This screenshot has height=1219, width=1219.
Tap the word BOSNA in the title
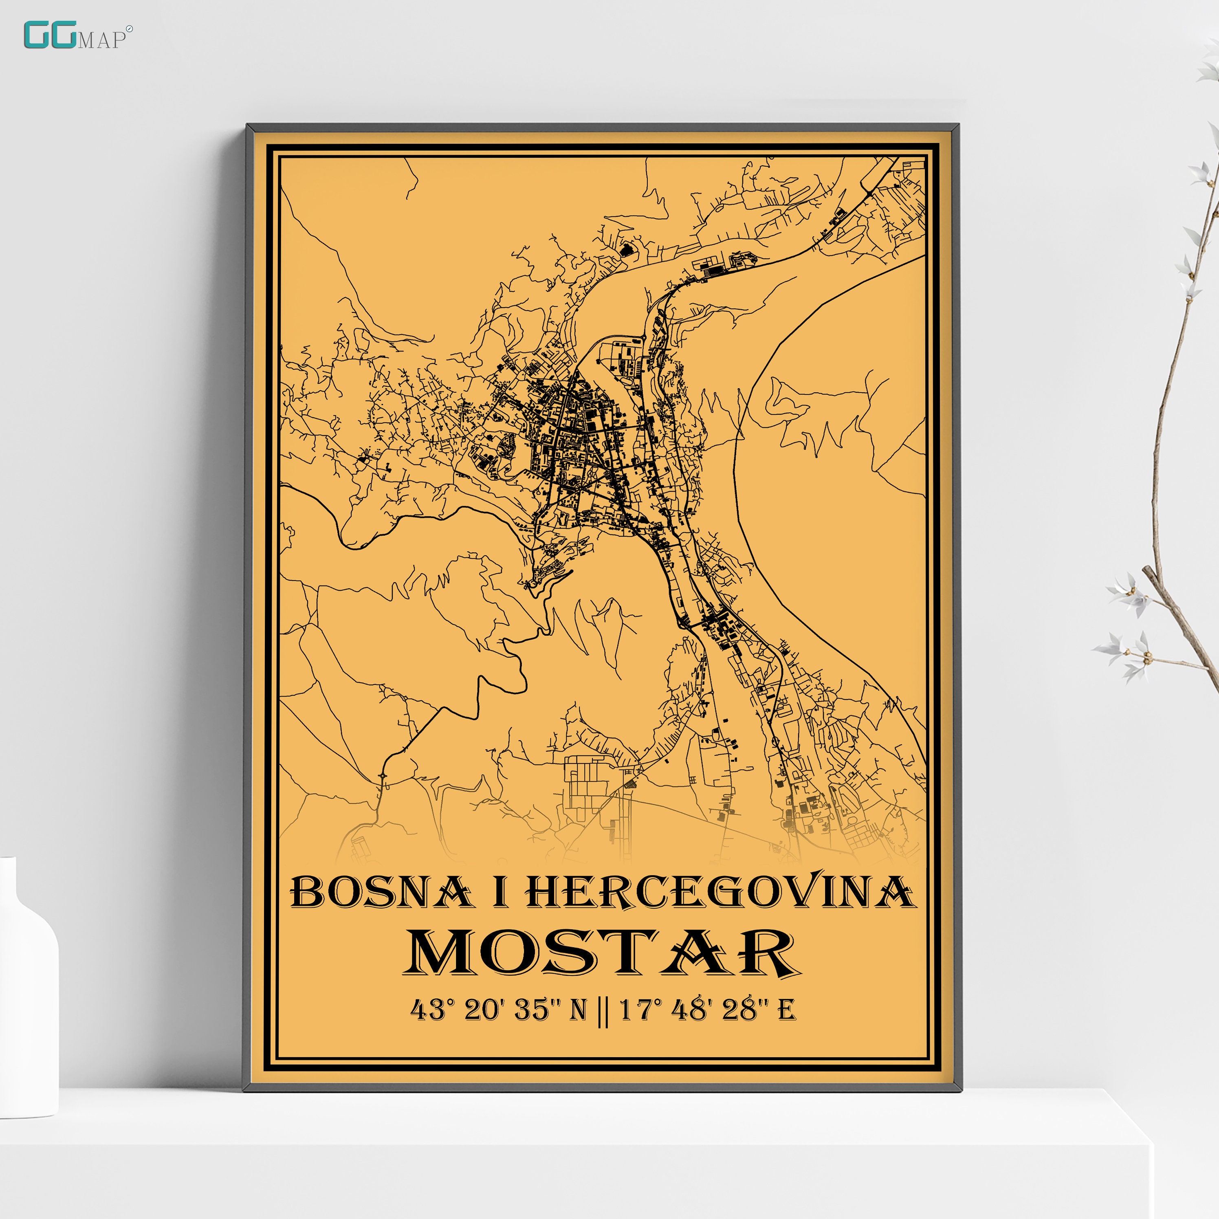(x=381, y=893)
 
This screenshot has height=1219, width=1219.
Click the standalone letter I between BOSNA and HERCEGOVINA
(x=500, y=893)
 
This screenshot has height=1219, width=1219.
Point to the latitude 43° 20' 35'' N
(x=498, y=1010)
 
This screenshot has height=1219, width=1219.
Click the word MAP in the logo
(x=101, y=40)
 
